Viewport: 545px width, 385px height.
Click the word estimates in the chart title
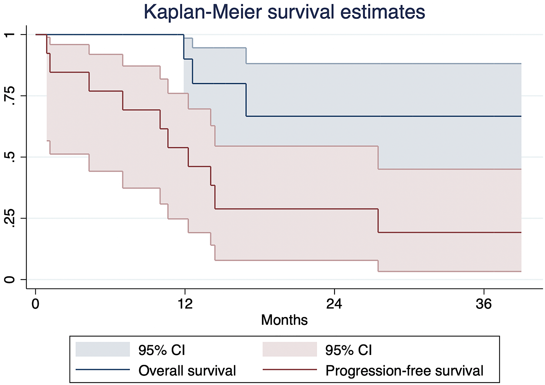tap(383, 12)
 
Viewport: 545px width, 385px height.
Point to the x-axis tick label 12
tap(185, 304)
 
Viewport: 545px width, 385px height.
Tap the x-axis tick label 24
tap(334, 304)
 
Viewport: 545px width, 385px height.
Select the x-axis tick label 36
tap(484, 304)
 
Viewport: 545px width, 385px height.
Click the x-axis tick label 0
tap(35, 304)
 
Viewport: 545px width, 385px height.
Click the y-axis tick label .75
tap(10, 96)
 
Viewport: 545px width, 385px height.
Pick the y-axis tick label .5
tap(10, 157)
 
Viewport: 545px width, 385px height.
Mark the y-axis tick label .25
tap(10, 218)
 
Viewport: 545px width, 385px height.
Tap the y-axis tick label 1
tap(10, 35)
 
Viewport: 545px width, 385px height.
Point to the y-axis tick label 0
tap(10, 279)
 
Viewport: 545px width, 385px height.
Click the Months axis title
tap(284, 320)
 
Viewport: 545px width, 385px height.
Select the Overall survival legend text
tap(187, 371)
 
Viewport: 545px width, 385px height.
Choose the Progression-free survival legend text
tap(404, 371)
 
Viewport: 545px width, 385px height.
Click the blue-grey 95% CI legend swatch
tap(103, 349)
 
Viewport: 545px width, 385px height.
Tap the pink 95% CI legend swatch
tap(290, 349)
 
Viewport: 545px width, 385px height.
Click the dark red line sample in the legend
tap(290, 370)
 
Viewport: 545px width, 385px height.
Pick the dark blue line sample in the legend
tap(103, 370)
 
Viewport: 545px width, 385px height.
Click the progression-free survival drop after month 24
tap(378, 220)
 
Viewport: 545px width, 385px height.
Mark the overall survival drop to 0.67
tap(246, 100)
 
